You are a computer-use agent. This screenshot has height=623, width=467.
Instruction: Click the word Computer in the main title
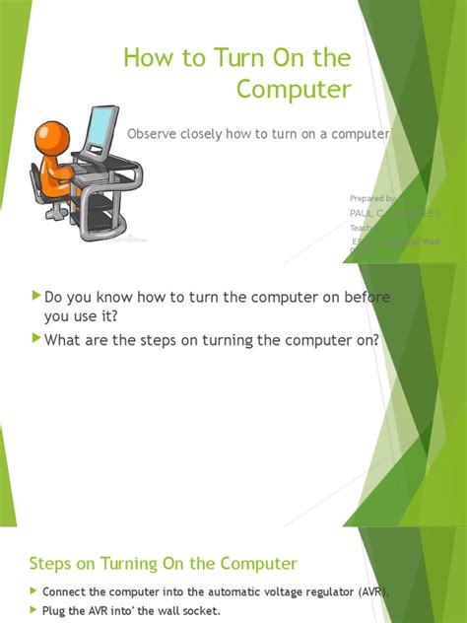(x=294, y=90)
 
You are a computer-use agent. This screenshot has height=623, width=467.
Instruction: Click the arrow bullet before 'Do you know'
(x=36, y=295)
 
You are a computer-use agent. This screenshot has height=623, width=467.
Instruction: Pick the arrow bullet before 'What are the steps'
(x=36, y=339)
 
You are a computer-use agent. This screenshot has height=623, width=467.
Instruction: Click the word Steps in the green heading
(x=54, y=564)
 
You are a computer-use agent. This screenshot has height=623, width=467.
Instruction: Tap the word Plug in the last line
(x=54, y=611)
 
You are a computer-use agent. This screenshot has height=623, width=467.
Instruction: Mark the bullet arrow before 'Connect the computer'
(x=33, y=591)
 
